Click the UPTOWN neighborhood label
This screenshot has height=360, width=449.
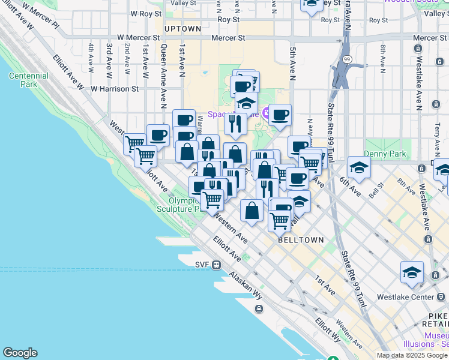point(182,29)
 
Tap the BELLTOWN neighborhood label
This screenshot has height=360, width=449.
point(301,240)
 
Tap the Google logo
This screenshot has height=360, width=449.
point(20,353)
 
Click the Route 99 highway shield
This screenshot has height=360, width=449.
point(347,60)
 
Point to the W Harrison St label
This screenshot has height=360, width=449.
point(115,89)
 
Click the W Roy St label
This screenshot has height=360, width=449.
point(146,13)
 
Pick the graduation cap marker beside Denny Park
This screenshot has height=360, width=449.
point(359,168)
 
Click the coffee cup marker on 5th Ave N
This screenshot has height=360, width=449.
point(280,114)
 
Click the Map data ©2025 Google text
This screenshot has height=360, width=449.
point(412,355)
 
